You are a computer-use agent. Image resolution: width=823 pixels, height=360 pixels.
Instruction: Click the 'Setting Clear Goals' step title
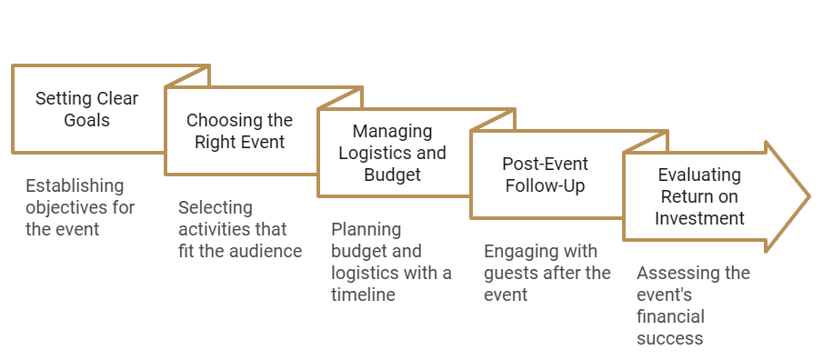click(87, 109)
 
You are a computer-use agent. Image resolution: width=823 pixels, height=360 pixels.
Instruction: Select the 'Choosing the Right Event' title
click(240, 131)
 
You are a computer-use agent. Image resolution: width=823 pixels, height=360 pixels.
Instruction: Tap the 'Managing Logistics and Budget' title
click(393, 153)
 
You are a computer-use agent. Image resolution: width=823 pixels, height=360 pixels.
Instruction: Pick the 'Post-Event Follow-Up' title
click(546, 175)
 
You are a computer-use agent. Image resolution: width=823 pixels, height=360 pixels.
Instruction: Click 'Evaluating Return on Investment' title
click(700, 196)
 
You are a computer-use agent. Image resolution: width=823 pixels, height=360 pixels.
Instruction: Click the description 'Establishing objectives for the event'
click(80, 207)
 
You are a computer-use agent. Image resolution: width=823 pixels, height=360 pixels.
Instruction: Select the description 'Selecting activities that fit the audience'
click(240, 229)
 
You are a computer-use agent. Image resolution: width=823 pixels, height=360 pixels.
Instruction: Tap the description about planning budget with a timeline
click(391, 262)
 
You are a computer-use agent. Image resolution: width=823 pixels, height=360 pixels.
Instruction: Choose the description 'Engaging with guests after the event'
click(547, 273)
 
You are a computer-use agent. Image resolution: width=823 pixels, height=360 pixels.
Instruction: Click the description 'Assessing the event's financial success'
click(693, 305)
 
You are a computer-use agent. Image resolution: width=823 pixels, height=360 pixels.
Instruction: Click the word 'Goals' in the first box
click(87, 120)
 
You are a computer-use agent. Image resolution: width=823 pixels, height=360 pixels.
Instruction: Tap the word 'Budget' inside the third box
click(393, 175)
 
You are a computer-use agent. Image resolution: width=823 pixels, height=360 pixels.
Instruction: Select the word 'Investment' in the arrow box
click(700, 218)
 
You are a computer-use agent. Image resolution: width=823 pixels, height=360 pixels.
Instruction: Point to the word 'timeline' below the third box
click(364, 295)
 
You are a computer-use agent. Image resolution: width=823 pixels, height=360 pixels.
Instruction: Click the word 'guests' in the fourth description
click(511, 273)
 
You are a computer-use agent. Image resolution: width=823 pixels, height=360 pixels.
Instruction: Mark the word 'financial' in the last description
click(671, 316)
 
